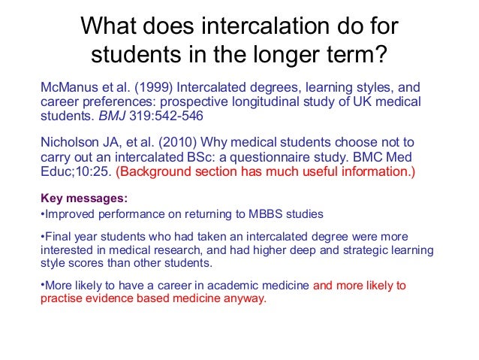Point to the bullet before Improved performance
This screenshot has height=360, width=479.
click(x=41, y=213)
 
